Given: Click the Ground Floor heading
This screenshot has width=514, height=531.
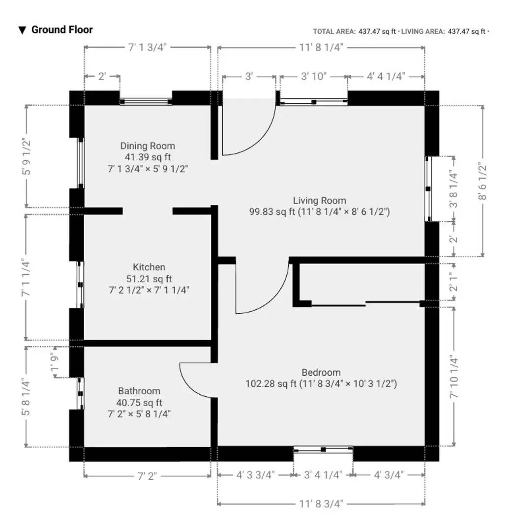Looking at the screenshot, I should [62, 29].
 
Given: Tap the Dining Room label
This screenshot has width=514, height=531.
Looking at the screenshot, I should [148, 146].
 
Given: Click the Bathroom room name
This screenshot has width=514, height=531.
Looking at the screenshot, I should [139, 391].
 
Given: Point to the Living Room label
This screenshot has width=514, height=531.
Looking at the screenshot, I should [320, 201].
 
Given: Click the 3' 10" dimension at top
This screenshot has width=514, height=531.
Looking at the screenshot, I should [314, 76].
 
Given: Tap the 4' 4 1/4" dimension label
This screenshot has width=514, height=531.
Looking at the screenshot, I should [386, 76].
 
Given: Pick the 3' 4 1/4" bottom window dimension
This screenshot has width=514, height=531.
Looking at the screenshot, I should [323, 475].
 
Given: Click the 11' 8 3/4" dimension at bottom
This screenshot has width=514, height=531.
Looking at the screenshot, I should [321, 503].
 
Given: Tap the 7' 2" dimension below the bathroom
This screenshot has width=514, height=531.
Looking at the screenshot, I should [147, 475].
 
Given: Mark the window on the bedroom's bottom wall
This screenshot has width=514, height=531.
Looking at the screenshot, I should [323, 449].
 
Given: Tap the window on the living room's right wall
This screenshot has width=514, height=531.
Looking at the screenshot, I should [428, 189].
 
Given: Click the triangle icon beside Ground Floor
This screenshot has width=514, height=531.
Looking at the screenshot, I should [22, 30].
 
